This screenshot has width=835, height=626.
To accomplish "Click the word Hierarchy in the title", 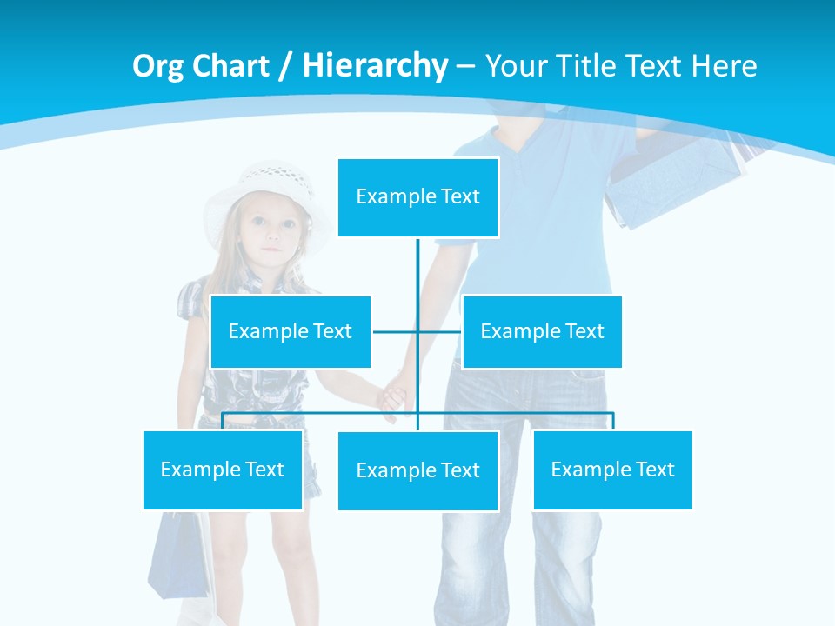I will [x=375, y=66].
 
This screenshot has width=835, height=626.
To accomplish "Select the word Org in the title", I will [x=159, y=66].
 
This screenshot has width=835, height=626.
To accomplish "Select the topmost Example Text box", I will [x=417, y=197].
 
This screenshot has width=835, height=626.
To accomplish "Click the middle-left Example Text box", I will [x=290, y=331].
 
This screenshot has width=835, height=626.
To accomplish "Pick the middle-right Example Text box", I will [x=542, y=331].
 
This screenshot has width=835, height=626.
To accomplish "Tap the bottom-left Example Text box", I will [x=223, y=469].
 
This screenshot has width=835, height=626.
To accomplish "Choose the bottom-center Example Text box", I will [x=417, y=470].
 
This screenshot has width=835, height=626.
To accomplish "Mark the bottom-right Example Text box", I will [x=612, y=469].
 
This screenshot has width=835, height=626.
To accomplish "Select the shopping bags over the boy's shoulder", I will [x=678, y=178].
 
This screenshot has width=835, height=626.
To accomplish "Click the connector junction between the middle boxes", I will [x=417, y=331].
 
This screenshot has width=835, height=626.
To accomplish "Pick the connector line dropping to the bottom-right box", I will [x=612, y=421].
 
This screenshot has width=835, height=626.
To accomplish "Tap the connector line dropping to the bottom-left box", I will [x=223, y=421].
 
